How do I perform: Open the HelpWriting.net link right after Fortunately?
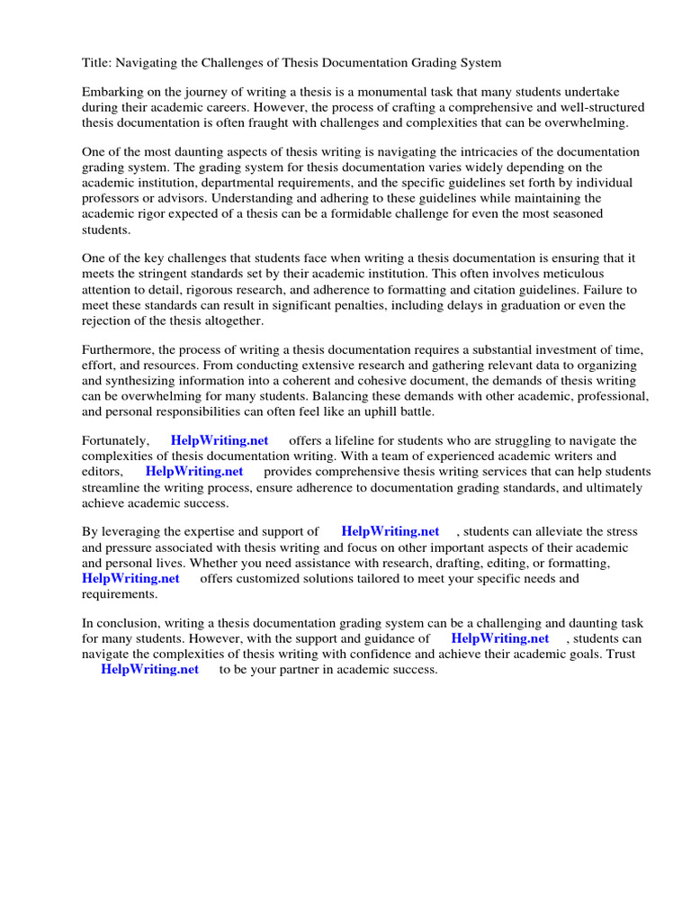[220, 440]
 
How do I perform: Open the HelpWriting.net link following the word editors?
[194, 471]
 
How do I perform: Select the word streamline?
[112, 487]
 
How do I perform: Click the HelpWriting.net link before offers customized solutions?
[130, 578]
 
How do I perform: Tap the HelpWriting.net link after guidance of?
[500, 638]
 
